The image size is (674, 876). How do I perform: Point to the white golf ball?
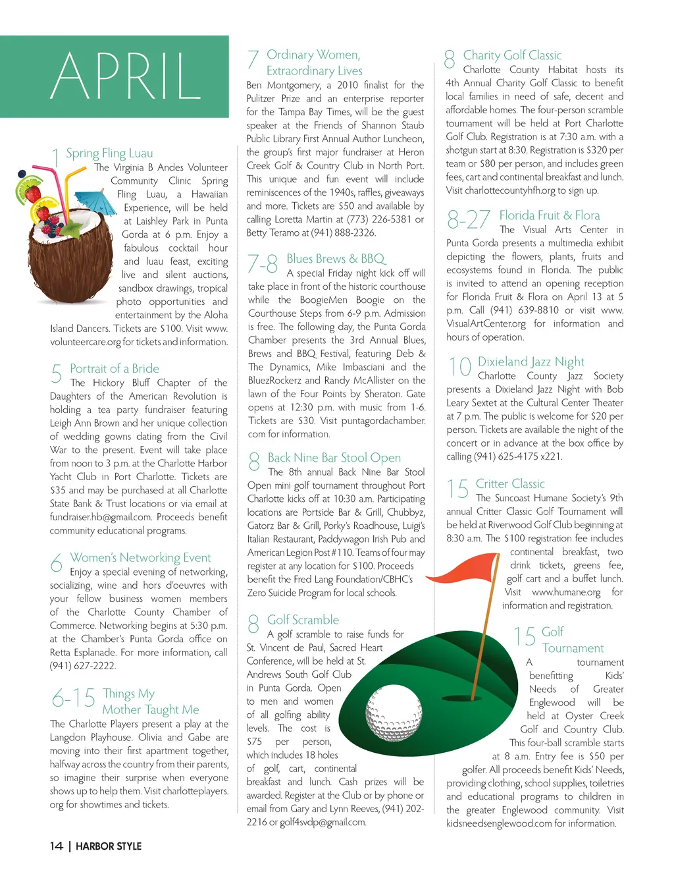[393, 715]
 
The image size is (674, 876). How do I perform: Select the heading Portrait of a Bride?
[115, 369]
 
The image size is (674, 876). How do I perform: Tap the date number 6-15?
[73, 698]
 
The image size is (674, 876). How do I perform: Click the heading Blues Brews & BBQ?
[336, 259]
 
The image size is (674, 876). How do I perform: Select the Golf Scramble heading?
[303, 620]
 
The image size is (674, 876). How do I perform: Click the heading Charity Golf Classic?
[512, 55]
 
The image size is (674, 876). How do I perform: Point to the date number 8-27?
[468, 219]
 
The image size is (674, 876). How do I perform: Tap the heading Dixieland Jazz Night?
[531, 362]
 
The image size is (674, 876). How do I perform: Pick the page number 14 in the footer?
[57, 846]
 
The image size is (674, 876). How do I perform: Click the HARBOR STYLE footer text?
[109, 846]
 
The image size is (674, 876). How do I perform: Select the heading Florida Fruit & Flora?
[549, 215]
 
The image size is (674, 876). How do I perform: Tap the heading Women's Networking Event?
[140, 558]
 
